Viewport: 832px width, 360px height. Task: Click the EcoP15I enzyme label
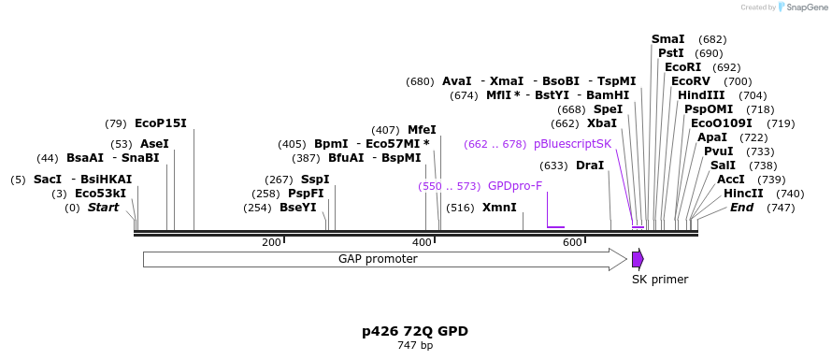pyautogui.click(x=161, y=123)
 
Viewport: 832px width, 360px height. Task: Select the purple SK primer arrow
pyautogui.click(x=638, y=259)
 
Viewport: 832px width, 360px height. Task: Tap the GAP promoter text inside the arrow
pyautogui.click(x=378, y=259)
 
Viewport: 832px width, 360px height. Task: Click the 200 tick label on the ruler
pyautogui.click(x=271, y=243)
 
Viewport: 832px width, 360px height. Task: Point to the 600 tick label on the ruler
pyautogui.click(x=572, y=243)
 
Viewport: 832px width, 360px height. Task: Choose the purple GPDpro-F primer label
pyautogui.click(x=515, y=186)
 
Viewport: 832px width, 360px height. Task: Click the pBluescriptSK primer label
pyautogui.click(x=572, y=144)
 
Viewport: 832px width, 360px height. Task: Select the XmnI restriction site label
pyautogui.click(x=499, y=208)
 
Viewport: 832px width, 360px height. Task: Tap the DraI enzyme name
pyautogui.click(x=590, y=166)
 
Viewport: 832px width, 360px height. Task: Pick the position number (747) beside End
pyautogui.click(x=782, y=208)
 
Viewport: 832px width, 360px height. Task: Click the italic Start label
pyautogui.click(x=104, y=208)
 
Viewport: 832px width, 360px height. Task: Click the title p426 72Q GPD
pyautogui.click(x=415, y=332)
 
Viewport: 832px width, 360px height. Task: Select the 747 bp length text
pyautogui.click(x=415, y=346)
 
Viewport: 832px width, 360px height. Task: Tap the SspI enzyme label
pyautogui.click(x=315, y=180)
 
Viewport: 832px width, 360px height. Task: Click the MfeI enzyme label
pyautogui.click(x=422, y=130)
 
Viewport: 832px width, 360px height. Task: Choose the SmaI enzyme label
pyautogui.click(x=668, y=39)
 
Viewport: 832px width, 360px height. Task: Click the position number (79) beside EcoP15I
pyautogui.click(x=116, y=124)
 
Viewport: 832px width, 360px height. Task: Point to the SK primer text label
pyautogui.click(x=660, y=280)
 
